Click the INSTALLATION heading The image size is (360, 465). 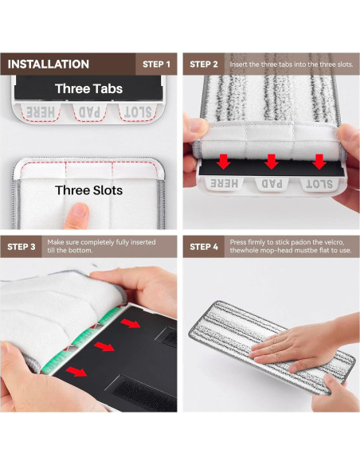click(x=49, y=64)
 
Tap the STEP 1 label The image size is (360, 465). click(x=156, y=64)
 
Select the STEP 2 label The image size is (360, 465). click(x=204, y=64)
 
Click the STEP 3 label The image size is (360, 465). click(x=22, y=247)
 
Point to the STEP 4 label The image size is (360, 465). click(x=204, y=247)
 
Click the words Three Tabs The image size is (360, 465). click(x=88, y=88)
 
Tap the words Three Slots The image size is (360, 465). click(x=88, y=190)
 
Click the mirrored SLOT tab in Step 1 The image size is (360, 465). click(x=138, y=112)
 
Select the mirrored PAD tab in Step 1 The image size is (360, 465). click(x=89, y=112)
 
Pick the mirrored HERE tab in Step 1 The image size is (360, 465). click(x=41, y=112)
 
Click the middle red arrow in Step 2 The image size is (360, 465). click(x=272, y=162)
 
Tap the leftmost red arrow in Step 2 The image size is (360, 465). click(x=224, y=162)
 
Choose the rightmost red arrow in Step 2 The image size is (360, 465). click(x=319, y=162)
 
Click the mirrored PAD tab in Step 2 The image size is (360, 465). click(x=272, y=184)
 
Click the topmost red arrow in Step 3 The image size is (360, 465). click(x=130, y=323)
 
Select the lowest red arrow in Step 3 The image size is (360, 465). click(x=76, y=371)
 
